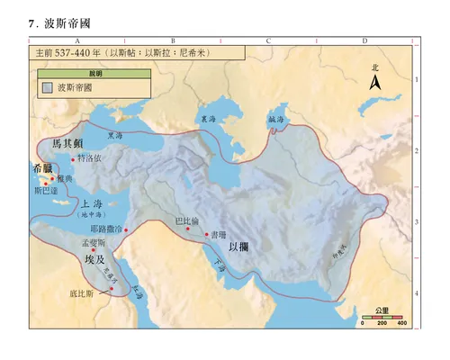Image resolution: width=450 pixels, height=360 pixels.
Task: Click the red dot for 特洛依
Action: click(75, 158)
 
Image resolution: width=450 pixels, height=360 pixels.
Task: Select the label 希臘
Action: click(42, 168)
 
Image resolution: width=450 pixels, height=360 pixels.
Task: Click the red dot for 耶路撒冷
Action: click(127, 230)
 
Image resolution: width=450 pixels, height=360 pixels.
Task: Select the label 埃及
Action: click(95, 259)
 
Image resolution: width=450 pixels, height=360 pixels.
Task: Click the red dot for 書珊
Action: click(208, 235)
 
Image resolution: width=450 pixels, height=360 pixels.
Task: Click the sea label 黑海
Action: click(114, 137)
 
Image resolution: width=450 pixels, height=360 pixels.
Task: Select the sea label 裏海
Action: click(209, 120)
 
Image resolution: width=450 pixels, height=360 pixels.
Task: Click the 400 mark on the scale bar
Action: click(402, 323)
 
